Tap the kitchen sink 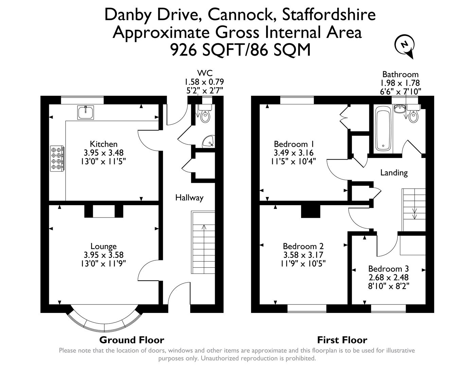(x=86, y=112)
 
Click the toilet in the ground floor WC (x=205, y=116)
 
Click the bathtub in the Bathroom (x=383, y=129)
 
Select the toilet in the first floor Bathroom (x=413, y=116)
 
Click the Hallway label (x=189, y=197)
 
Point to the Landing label (x=394, y=173)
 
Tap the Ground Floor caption (x=131, y=340)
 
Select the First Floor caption (x=342, y=340)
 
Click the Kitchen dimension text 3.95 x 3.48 (x=104, y=153)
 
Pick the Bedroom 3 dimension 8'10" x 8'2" (x=388, y=286)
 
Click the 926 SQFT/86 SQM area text (x=240, y=50)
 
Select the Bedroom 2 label (x=303, y=246)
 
